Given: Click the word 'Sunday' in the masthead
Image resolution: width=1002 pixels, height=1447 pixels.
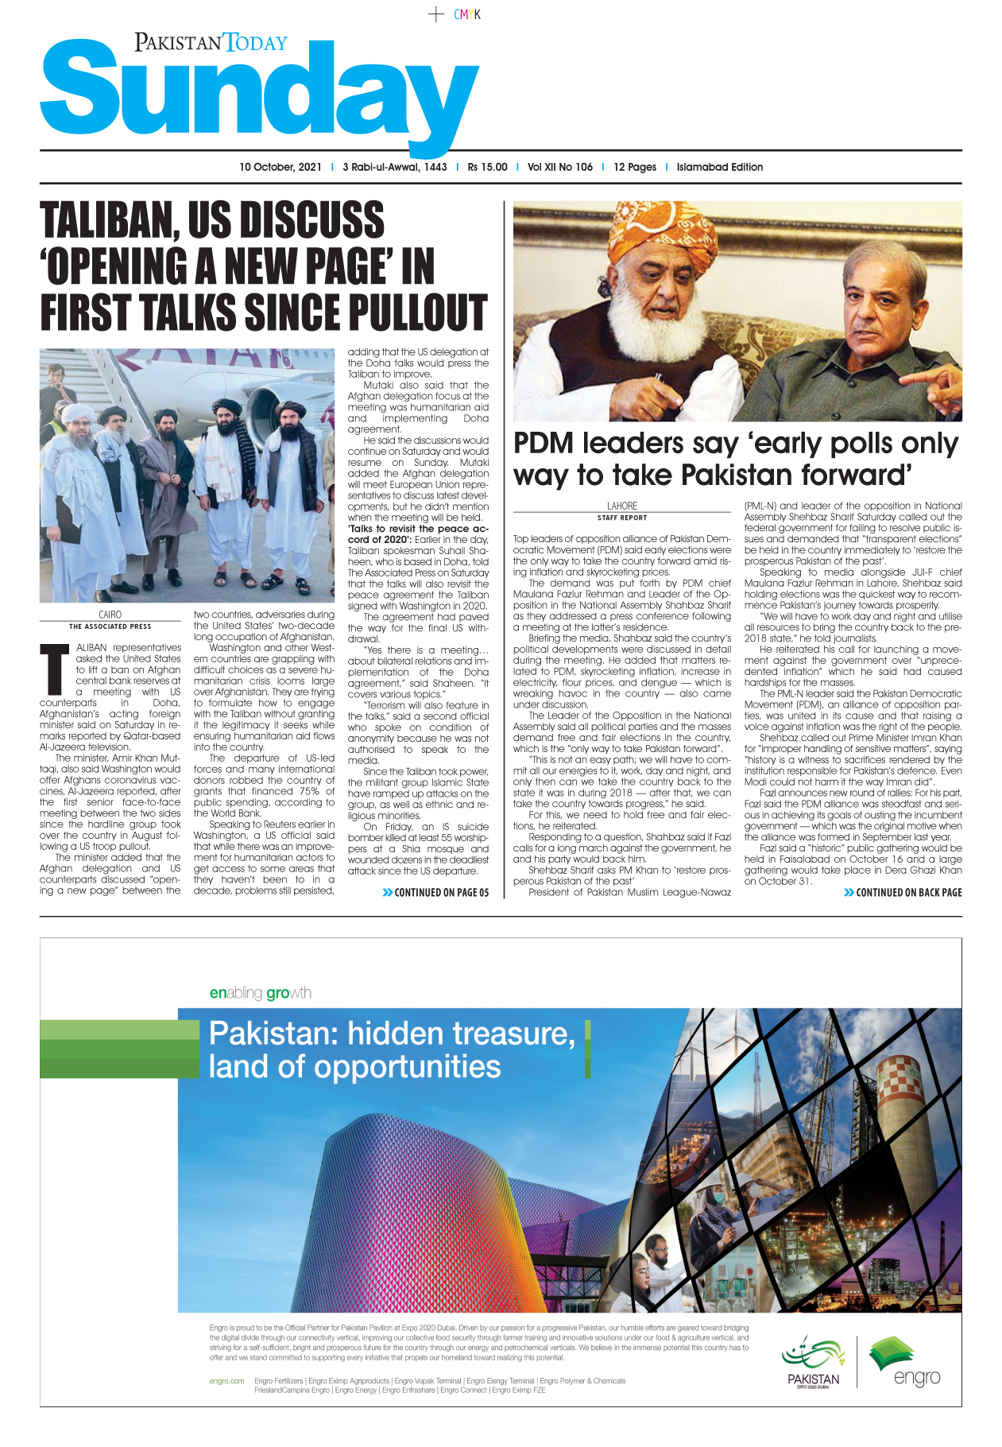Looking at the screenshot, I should coord(258,91).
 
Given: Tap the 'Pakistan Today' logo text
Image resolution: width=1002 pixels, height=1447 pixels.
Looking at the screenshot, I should coord(211,42).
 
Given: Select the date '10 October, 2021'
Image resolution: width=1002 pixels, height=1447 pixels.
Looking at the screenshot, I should coord(280,167).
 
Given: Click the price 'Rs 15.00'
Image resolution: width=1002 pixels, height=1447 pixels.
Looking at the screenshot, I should coord(487,167).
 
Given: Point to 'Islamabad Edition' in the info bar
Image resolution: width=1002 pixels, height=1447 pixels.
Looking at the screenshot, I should coord(719,167).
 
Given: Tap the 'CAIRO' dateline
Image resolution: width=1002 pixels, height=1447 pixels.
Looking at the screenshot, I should coord(110,615).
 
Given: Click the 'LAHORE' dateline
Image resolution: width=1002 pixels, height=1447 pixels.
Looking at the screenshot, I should coord(621,506).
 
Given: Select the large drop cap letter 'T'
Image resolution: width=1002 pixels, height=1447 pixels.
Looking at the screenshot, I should coord(55,669).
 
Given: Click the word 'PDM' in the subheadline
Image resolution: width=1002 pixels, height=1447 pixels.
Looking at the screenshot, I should coord(544,444).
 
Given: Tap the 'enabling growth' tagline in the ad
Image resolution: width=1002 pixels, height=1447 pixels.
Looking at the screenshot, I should coord(260,993).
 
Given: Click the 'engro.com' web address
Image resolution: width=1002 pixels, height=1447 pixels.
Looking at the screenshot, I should coord(226,1381).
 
